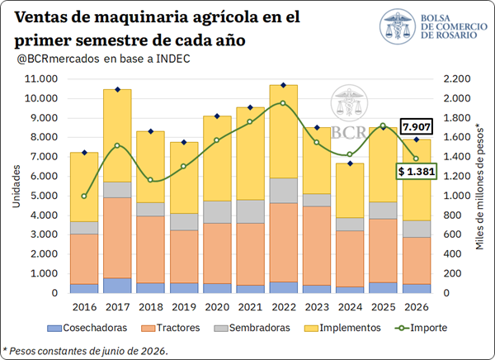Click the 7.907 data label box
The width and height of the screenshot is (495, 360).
[417, 127]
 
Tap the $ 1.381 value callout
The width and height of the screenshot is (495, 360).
[417, 172]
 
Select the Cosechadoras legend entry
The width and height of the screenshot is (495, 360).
[87, 328]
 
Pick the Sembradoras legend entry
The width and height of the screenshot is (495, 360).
[252, 328]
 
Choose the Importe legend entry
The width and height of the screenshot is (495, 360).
[421, 328]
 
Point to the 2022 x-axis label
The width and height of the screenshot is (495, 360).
[284, 307]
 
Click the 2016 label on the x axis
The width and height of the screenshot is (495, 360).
[84, 307]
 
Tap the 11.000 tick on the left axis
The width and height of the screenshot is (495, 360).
[41, 78]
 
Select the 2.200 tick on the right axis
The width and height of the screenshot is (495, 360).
[457, 78]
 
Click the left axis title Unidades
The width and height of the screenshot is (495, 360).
[16, 186]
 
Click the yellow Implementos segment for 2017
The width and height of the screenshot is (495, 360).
[117, 136]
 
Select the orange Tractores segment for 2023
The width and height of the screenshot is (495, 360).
[317, 246]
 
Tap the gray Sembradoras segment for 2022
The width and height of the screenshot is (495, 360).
[284, 191]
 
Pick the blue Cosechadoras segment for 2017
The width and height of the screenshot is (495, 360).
[117, 286]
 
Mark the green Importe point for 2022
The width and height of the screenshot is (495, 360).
[283, 103]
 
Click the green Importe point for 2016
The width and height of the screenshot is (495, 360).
[84, 197]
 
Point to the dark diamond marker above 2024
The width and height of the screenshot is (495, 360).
[350, 163]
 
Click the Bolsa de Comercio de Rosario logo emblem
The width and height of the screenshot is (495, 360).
[398, 26]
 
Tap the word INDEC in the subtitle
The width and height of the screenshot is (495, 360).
[173, 59]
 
